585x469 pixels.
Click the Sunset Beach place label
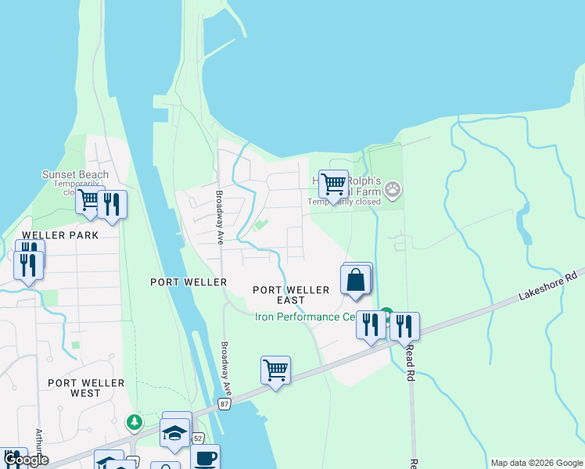click(76, 175)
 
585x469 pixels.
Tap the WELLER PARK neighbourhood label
click(49, 235)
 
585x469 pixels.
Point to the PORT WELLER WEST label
click(86, 388)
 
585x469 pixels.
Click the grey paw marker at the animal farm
click(393, 188)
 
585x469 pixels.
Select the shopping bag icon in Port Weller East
click(356, 280)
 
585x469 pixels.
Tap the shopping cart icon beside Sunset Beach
click(90, 199)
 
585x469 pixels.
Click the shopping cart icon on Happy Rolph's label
click(333, 184)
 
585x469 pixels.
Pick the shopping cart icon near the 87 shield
click(275, 370)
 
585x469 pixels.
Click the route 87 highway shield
click(225, 403)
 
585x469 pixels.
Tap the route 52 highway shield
click(198, 439)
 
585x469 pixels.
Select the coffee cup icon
click(205, 458)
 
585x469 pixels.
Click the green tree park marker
click(135, 423)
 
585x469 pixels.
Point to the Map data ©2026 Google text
click(536, 463)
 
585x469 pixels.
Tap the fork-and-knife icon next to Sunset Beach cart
click(113, 205)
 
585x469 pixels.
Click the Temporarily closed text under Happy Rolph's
click(344, 202)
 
